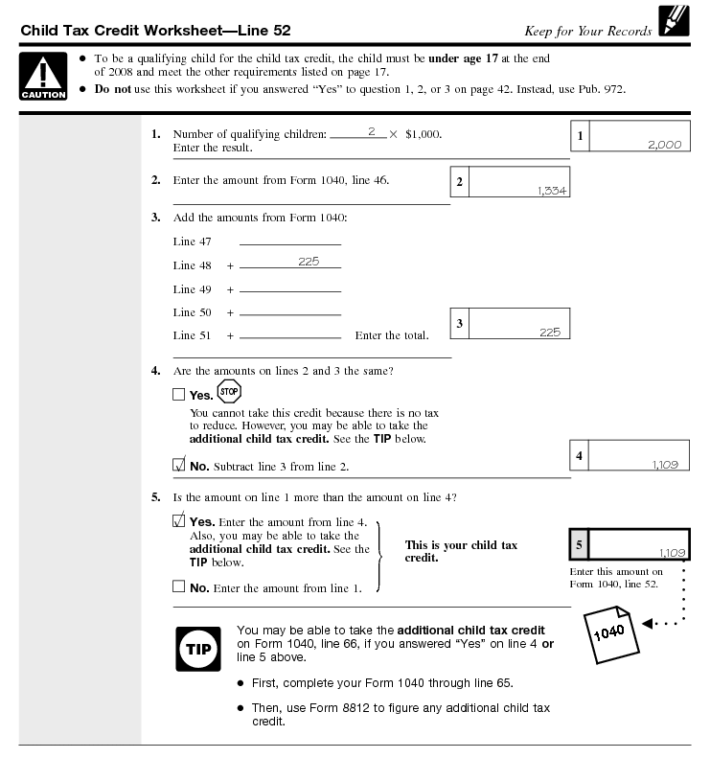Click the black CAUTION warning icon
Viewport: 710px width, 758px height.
[x=43, y=76]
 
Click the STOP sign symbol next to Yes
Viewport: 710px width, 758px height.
[x=229, y=391]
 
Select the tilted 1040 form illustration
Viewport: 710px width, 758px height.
[x=610, y=633]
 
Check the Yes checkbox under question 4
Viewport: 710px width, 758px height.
[x=179, y=395]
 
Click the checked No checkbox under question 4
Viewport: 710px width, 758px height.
[x=179, y=466]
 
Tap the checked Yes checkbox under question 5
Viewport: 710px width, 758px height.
[x=179, y=521]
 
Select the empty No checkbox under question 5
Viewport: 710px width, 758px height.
[x=179, y=587]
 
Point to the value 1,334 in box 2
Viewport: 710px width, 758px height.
[x=552, y=191]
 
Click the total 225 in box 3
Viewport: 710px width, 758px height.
[x=549, y=332]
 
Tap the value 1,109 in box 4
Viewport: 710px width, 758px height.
[x=665, y=464]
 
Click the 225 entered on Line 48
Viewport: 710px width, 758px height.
[x=308, y=262]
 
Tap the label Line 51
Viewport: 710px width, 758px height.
[x=192, y=335]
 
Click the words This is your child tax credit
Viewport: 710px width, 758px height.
[x=461, y=551]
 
